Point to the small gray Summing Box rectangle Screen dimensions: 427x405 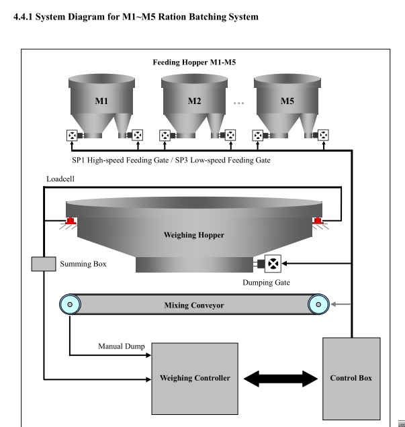[x=44, y=265]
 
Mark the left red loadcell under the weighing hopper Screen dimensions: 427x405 [x=71, y=221]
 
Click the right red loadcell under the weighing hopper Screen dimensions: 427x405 [x=316, y=221]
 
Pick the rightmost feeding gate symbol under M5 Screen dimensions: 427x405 [x=324, y=136]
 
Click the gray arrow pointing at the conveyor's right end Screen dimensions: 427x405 [x=341, y=305]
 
